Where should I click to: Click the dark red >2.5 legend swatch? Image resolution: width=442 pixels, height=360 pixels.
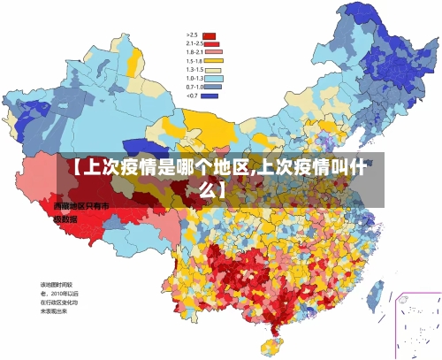[x=210, y=35]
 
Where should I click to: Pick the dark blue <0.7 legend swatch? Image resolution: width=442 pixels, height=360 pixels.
[x=210, y=96]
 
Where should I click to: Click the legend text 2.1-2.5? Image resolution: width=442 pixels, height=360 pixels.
[x=194, y=43]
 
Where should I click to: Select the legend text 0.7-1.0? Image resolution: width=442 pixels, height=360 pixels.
[x=194, y=87]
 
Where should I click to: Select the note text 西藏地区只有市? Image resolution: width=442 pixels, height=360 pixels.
[x=80, y=205]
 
